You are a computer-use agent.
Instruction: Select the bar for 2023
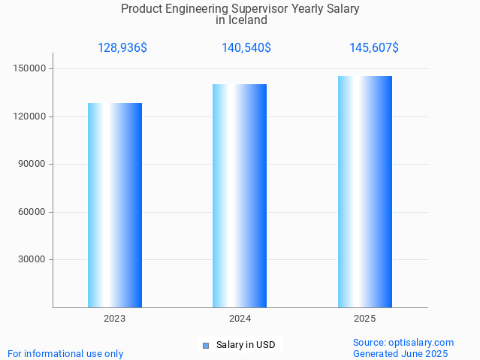[115, 205]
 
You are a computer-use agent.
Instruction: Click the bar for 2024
[240, 195]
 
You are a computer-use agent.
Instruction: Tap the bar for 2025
[365, 192]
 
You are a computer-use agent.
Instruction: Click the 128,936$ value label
[122, 48]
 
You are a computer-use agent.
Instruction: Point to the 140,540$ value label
[246, 48]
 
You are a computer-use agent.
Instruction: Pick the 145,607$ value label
[374, 48]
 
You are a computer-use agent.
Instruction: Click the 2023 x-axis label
[115, 319]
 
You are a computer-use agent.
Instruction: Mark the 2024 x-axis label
[240, 319]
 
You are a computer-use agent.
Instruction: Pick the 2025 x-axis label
[365, 319]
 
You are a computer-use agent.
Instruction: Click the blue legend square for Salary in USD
[206, 346]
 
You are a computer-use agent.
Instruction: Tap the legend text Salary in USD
[246, 346]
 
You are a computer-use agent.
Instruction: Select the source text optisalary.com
[421, 343]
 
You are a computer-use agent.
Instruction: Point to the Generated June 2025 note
[400, 354]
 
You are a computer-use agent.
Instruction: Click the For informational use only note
[65, 354]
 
